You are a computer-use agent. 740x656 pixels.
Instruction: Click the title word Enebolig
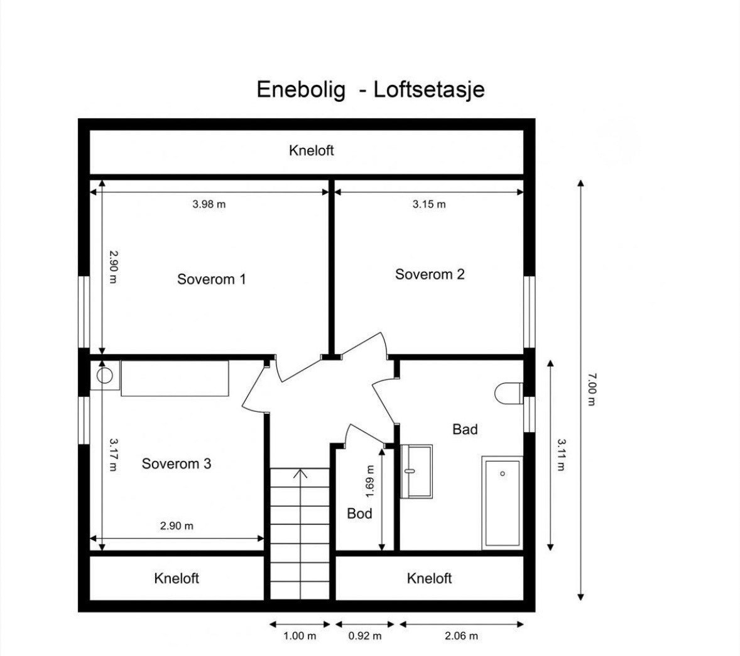301,89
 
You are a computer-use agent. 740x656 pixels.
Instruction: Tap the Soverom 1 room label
211,279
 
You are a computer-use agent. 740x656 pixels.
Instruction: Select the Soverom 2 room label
430,274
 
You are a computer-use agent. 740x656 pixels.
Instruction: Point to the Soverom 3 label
176,464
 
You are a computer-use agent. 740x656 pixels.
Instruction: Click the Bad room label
465,429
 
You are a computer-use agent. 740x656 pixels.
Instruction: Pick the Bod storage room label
359,513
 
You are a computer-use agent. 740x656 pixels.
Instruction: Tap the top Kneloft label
311,150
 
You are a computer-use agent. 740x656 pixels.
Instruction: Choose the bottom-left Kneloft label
176,578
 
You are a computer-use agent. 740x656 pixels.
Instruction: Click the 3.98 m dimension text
209,204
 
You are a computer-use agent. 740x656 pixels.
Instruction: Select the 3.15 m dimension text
429,204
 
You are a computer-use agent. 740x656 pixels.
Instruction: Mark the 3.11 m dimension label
561,455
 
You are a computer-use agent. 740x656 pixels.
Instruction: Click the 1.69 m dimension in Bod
370,481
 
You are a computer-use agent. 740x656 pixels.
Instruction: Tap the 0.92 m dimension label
365,636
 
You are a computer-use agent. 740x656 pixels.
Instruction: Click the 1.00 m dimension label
300,636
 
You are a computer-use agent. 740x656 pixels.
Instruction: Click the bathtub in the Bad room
502,503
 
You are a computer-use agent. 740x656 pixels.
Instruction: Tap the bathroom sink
416,471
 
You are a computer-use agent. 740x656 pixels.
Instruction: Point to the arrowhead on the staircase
300,474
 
